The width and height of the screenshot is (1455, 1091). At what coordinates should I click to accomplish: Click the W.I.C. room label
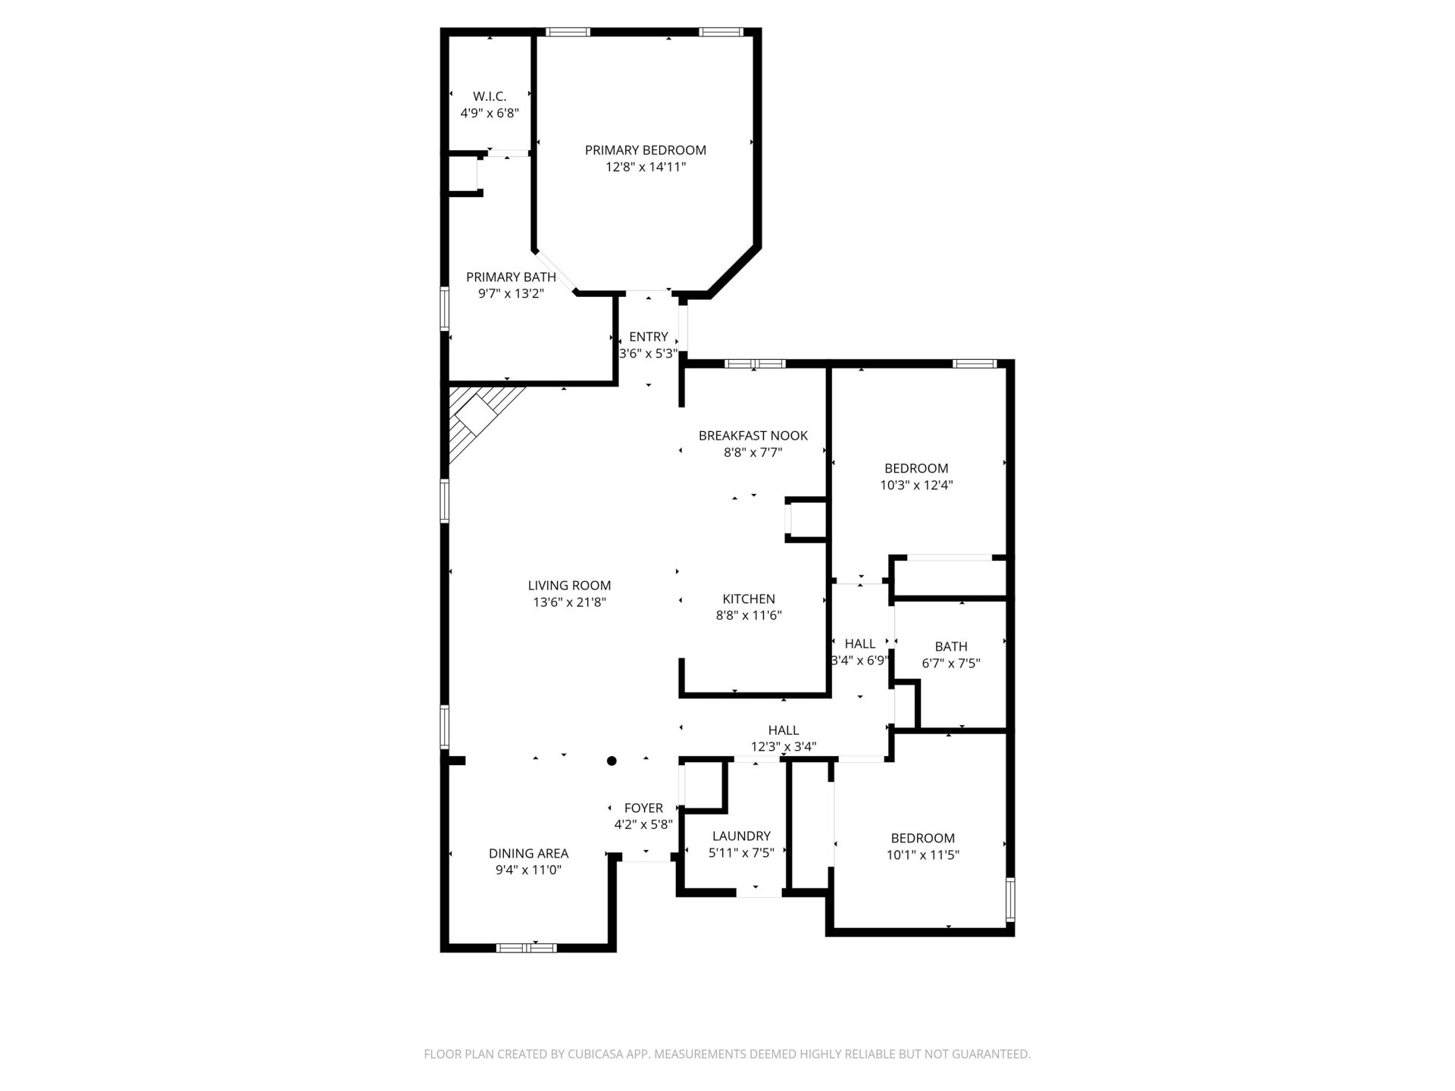click(490, 96)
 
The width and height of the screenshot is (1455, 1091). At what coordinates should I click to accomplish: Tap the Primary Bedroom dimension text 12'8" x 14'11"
click(646, 167)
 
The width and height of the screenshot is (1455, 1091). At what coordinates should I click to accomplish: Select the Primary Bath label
click(511, 277)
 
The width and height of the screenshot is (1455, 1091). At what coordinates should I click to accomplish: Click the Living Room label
click(569, 586)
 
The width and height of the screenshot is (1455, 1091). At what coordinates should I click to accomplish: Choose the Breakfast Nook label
click(753, 436)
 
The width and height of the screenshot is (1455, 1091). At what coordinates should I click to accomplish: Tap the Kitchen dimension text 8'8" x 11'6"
click(749, 616)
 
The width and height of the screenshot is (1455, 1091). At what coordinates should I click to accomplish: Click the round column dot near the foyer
click(612, 761)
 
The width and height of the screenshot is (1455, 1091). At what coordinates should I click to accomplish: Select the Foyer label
click(643, 808)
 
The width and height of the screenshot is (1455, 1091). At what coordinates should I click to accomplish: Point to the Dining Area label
click(528, 854)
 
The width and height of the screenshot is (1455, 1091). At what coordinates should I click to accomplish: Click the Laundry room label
click(741, 836)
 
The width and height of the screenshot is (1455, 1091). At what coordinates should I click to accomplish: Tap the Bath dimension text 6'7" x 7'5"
click(951, 664)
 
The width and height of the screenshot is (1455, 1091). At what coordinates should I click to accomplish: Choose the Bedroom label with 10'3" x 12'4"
click(916, 469)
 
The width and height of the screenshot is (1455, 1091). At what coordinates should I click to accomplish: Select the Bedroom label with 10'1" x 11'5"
click(922, 839)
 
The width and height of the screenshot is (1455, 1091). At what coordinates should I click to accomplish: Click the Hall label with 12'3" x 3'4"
click(784, 730)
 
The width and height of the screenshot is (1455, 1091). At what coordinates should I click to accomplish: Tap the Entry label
click(649, 337)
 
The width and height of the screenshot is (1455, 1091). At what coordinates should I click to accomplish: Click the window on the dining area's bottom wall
click(526, 947)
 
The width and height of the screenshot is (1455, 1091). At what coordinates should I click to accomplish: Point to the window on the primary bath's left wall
click(446, 308)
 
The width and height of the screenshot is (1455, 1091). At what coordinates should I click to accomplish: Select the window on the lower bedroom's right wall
click(1009, 899)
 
